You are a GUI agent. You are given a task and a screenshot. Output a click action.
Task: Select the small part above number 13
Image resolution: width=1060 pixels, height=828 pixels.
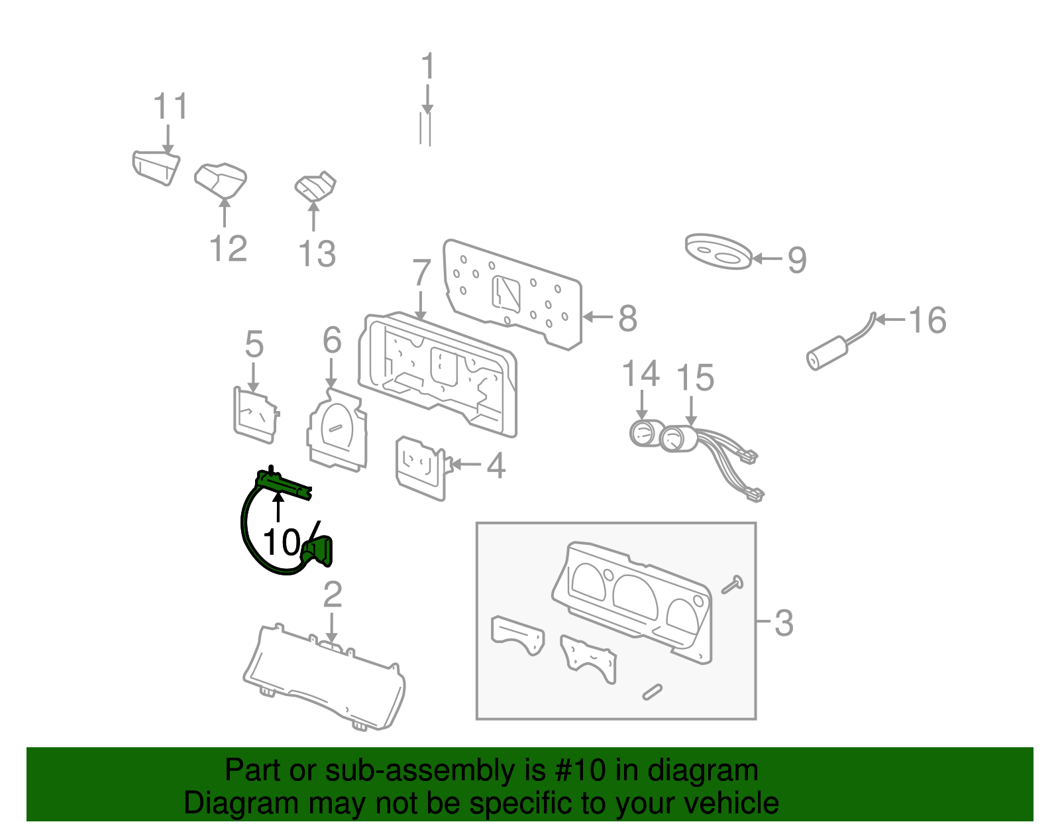pos(315,187)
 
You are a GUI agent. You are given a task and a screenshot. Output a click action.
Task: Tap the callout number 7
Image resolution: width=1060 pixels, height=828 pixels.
pos(422,272)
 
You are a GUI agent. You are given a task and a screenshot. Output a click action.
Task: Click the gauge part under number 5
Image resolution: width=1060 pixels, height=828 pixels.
pos(255,415)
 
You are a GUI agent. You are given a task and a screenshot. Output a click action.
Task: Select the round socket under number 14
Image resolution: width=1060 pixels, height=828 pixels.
pos(642,434)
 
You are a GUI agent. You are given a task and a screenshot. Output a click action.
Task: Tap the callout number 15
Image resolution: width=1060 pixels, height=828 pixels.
pos(695,378)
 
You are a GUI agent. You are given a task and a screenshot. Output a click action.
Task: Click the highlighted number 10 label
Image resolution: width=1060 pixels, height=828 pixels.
pos(282,542)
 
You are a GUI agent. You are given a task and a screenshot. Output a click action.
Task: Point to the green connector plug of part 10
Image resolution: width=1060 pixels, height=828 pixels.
pos(319,552)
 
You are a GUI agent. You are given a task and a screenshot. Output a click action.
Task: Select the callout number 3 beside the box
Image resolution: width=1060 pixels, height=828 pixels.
pos(784,622)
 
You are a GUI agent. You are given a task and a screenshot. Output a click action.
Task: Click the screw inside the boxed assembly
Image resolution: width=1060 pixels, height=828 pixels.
pos(732,585)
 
